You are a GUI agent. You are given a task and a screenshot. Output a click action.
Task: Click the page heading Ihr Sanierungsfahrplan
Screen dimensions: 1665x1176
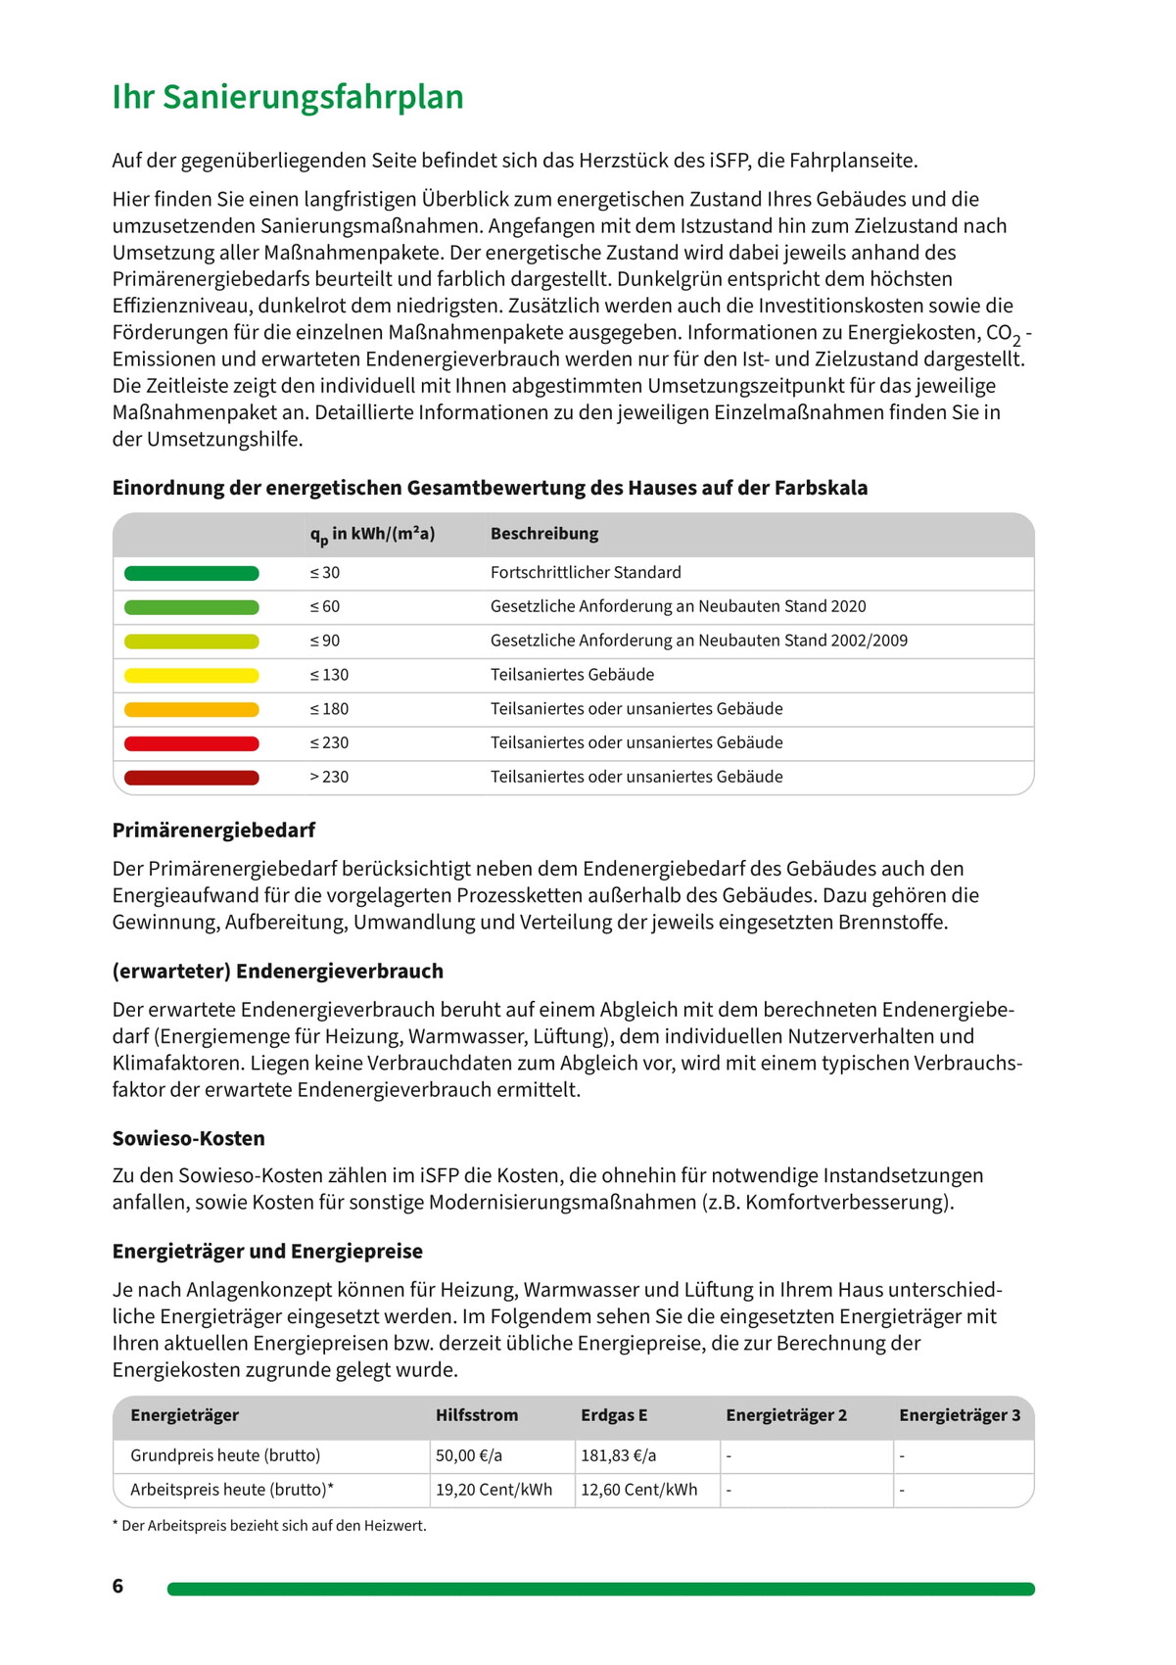(288, 97)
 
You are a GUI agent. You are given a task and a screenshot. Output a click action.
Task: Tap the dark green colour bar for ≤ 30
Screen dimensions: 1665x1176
(191, 573)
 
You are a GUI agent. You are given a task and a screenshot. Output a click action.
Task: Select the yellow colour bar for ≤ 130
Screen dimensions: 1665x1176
(191, 675)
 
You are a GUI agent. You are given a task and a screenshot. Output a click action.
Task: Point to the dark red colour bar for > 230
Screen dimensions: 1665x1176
(191, 778)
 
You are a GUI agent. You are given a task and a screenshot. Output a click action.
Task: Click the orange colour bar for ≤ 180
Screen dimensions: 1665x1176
(191, 709)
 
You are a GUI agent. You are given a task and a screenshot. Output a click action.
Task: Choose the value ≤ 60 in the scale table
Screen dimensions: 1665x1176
(325, 607)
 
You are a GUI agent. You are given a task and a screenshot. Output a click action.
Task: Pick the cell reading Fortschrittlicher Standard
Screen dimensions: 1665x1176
(586, 573)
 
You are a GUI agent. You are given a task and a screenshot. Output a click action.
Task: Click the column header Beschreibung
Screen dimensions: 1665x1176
(544, 534)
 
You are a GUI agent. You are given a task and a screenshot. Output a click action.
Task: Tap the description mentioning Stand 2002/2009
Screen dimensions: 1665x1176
(699, 641)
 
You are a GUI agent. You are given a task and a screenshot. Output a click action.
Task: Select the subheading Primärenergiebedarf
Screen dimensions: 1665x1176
(213, 831)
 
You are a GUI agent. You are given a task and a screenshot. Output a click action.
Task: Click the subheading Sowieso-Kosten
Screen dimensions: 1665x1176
(188, 1138)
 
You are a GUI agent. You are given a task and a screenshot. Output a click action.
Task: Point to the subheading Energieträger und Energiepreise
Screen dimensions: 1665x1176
(267, 1251)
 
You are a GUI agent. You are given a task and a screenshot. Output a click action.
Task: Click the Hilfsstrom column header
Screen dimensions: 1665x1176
(477, 1415)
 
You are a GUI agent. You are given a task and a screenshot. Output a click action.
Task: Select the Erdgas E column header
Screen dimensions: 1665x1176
(614, 1415)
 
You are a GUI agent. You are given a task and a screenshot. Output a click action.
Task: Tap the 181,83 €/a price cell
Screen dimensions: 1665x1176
(619, 1455)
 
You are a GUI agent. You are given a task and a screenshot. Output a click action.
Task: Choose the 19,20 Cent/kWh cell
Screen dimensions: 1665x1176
(494, 1490)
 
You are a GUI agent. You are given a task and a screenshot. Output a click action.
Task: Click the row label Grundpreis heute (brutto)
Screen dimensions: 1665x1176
(225, 1455)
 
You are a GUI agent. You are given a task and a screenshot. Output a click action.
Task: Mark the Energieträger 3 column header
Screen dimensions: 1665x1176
(960, 1415)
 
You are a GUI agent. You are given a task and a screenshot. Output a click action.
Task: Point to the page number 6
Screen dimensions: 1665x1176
(118, 1586)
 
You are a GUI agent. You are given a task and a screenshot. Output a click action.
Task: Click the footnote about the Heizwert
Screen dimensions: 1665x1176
(269, 1526)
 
